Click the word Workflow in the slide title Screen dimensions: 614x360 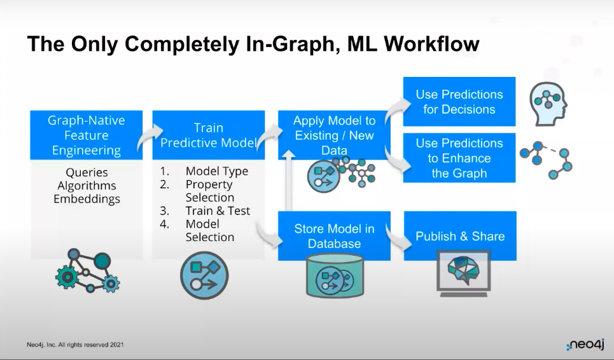click(431, 43)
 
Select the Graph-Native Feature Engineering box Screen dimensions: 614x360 click(87, 135)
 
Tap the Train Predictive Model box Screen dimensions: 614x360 click(209, 135)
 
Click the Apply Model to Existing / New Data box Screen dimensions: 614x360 click(334, 135)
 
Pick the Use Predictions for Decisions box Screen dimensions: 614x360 click(459, 102)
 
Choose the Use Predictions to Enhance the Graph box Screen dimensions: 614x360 click(459, 158)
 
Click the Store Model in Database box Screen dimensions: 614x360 click(334, 236)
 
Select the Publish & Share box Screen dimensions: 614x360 click(460, 236)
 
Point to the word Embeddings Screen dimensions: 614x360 click(87, 199)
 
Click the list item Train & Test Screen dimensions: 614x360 click(218, 211)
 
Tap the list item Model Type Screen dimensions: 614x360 click(217, 171)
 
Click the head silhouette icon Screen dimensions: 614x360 click(548, 104)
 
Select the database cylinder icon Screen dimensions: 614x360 click(335, 275)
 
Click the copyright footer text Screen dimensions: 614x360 click(75, 345)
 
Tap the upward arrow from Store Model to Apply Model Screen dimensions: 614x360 click(289, 181)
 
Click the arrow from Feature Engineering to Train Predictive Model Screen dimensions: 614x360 click(149, 137)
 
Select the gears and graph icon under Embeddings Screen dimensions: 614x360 click(87, 271)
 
